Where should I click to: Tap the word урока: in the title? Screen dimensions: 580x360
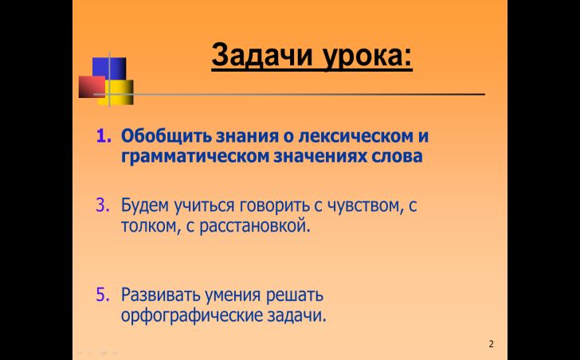[367, 57]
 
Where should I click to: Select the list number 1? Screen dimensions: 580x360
[104, 136]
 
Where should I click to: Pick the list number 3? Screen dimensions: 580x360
[103, 205]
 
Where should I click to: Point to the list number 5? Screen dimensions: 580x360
[103, 295]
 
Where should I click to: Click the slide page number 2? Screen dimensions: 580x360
[492, 344]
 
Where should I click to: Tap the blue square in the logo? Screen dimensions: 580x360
[109, 68]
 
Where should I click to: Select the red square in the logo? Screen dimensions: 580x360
[92, 87]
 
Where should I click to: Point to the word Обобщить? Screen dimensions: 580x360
[167, 136]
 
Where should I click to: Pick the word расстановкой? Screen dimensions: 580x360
[255, 226]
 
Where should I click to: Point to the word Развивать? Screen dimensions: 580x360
[161, 295]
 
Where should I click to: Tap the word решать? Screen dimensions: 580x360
[295, 295]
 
